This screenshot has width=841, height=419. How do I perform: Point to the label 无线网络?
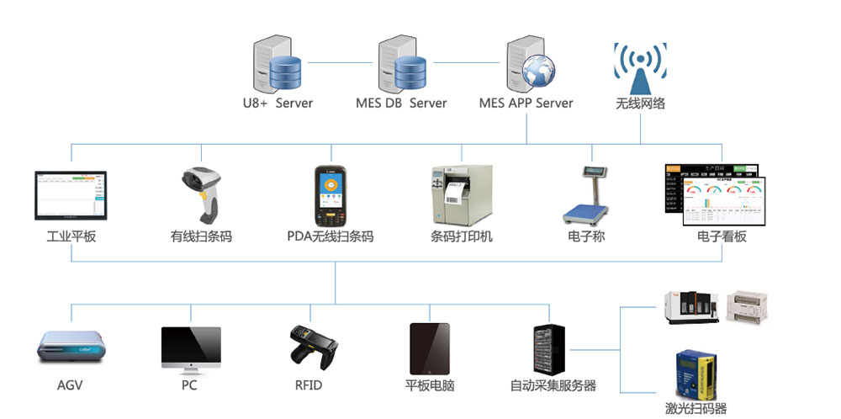pyautogui.click(x=640, y=103)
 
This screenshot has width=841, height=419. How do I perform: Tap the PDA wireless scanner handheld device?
pyautogui.click(x=330, y=196)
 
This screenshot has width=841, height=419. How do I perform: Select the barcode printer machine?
pyautogui.click(x=459, y=194)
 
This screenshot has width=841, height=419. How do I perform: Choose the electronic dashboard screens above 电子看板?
pyautogui.click(x=717, y=195)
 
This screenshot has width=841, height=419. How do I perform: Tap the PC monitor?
pyautogui.click(x=191, y=350)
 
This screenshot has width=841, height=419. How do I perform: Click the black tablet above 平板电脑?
pyautogui.click(x=429, y=348)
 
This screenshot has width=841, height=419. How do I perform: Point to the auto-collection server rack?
pyautogui.click(x=552, y=348)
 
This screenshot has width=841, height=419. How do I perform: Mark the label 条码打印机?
pyautogui.click(x=462, y=236)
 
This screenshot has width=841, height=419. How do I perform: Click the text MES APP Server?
pyautogui.click(x=526, y=103)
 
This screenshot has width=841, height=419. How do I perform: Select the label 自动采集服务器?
pyautogui.click(x=553, y=385)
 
